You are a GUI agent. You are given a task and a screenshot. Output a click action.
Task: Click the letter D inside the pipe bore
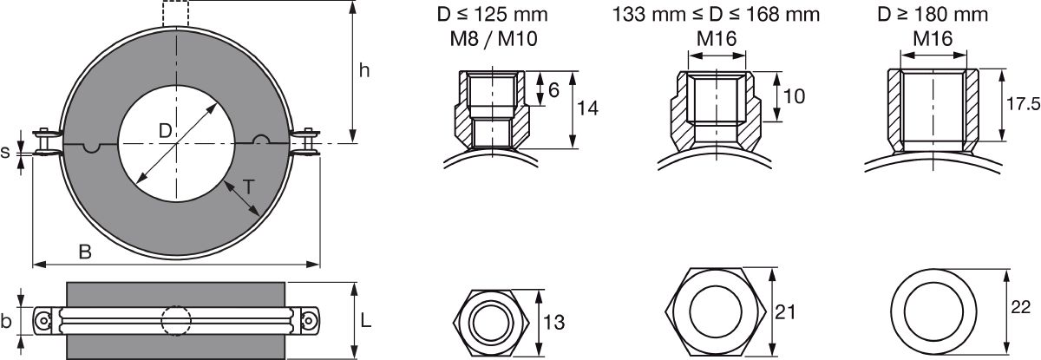(166, 131)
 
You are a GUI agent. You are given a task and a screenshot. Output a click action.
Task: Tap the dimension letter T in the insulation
(249, 187)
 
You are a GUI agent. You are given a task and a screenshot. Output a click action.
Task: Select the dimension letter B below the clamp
(85, 252)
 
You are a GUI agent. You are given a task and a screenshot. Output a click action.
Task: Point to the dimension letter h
(365, 70)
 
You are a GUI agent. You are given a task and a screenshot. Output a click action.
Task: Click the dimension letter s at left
(5, 153)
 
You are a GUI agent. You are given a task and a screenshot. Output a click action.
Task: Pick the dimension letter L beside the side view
(366, 320)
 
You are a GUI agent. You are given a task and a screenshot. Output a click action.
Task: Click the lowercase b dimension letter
(5, 320)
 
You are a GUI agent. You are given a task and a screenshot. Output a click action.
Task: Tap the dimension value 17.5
(1023, 104)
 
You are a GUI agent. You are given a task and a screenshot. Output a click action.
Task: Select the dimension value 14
(587, 108)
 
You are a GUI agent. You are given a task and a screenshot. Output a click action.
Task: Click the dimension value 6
(553, 90)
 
